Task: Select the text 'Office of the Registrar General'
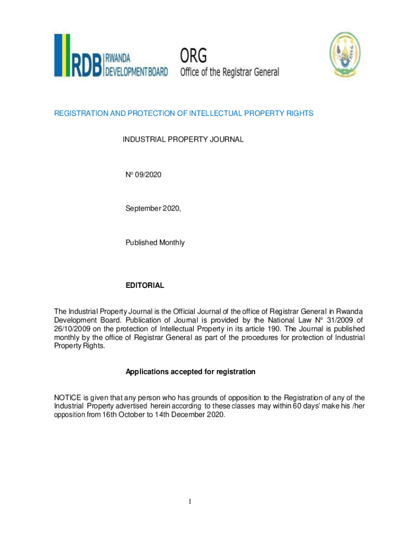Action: point(230,72)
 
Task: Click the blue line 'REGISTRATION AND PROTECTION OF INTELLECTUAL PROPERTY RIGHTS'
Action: point(184,114)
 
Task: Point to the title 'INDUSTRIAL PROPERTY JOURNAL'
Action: point(183,139)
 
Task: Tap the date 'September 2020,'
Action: point(153,208)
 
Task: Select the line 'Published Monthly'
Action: point(155,243)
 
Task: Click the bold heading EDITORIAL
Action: point(145,285)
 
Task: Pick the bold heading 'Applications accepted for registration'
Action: point(190,372)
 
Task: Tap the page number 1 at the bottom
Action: point(191,502)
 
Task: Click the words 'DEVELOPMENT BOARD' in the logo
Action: point(136,72)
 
